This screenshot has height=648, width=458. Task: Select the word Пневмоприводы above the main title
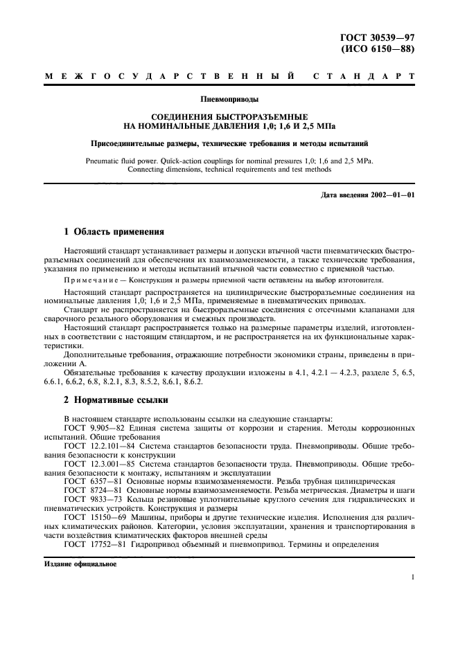tap(229, 98)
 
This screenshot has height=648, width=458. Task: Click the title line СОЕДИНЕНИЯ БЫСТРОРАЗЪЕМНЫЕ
tap(229, 118)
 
